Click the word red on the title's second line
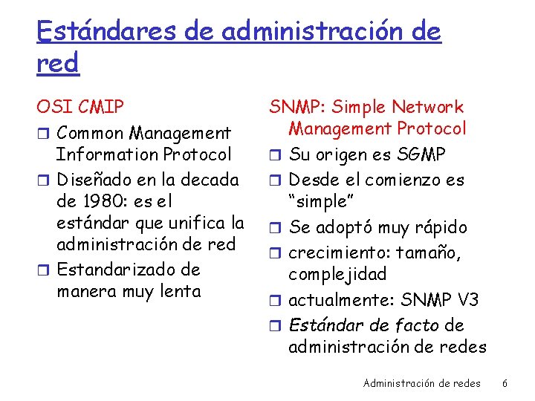click(x=57, y=65)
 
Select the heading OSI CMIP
click(x=80, y=108)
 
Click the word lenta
click(x=180, y=291)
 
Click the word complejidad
click(x=337, y=274)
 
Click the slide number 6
click(x=505, y=383)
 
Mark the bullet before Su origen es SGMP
click(x=276, y=155)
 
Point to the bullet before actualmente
click(x=276, y=301)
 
